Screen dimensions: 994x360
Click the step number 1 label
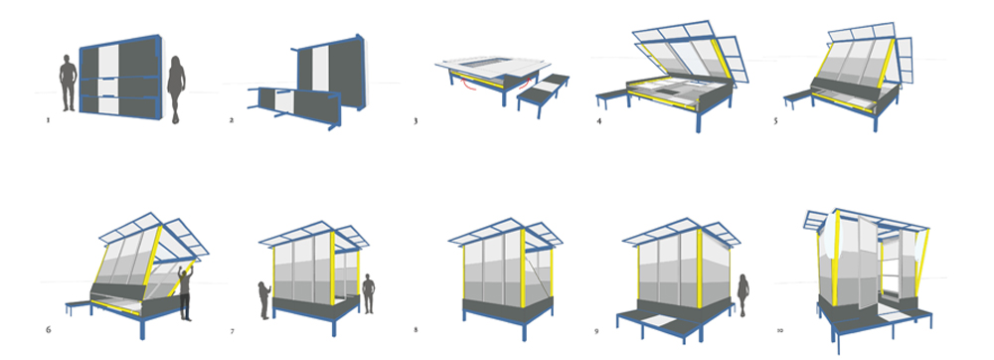tap(48, 118)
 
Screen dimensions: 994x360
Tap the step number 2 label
tap(232, 118)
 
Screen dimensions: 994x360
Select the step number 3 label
tap(415, 119)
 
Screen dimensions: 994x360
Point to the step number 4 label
tap(598, 119)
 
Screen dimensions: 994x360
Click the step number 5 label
tap(775, 119)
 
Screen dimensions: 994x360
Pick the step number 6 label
tap(49, 329)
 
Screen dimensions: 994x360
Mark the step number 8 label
tap(415, 329)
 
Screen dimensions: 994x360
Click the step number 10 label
tap(779, 330)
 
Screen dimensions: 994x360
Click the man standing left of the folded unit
tap(68, 83)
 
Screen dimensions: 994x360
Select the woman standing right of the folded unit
tap(176, 90)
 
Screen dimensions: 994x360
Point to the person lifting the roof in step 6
tap(186, 292)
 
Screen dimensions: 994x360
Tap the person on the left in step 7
tap(264, 299)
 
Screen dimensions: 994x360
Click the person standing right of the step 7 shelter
tap(369, 294)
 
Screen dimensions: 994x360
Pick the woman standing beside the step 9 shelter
tap(743, 294)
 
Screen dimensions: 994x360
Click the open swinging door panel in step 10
tap(867, 260)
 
